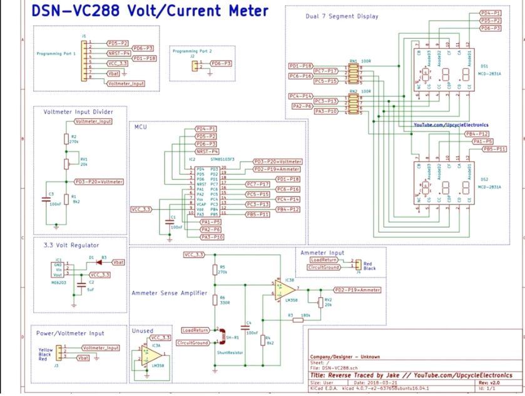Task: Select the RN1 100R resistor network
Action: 354,74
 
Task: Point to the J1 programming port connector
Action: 84,61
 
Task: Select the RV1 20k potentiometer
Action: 66,163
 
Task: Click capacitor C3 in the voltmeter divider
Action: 44,200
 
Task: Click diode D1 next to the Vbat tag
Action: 93,262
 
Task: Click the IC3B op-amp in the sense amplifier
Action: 285,291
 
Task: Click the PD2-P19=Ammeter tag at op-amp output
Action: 357,290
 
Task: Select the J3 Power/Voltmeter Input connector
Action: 58,352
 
